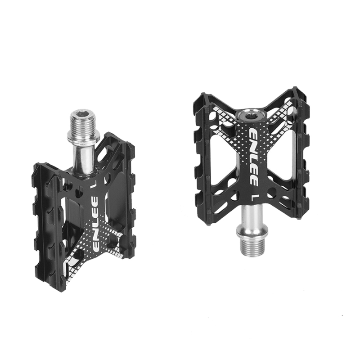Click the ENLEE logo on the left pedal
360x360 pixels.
pos(95,223)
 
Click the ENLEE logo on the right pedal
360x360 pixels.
pos(253,156)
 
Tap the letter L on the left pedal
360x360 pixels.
pos(94,183)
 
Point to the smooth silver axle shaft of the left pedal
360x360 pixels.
pos(84,157)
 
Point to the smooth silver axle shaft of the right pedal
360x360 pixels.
pos(252,214)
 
